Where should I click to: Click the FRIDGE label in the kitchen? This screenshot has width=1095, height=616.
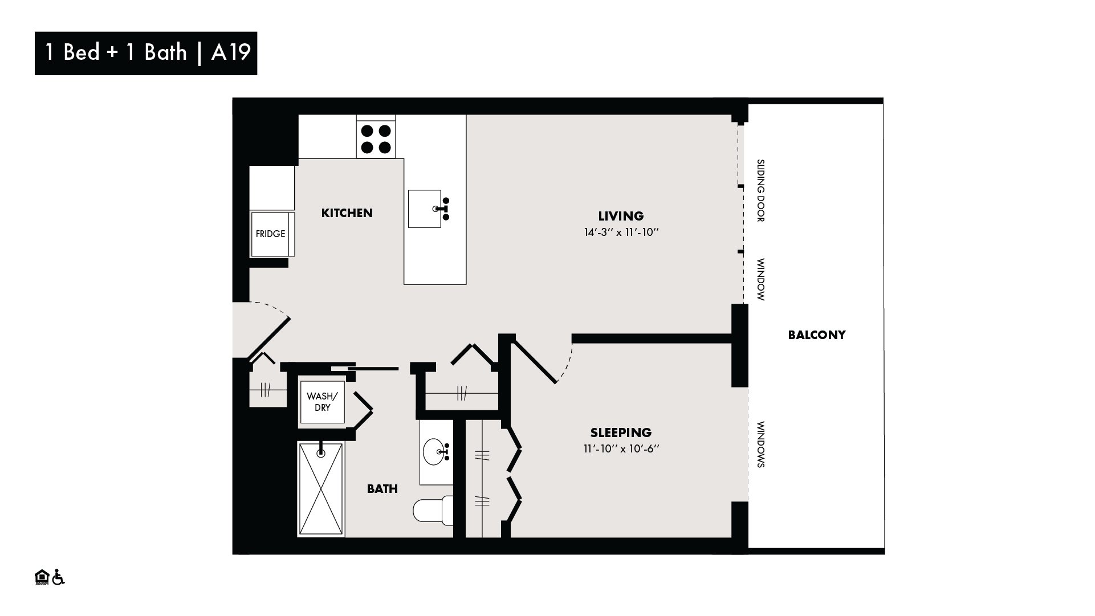click(x=270, y=234)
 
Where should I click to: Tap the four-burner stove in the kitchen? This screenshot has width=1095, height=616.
click(x=376, y=139)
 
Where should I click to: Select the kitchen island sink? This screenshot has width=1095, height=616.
click(x=425, y=209)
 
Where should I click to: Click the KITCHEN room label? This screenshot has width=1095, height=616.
click(x=347, y=213)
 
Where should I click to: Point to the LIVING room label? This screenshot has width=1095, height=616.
click(x=621, y=216)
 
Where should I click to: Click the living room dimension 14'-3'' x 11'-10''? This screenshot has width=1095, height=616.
click(x=621, y=232)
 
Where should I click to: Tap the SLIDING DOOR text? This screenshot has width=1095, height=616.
click(x=760, y=190)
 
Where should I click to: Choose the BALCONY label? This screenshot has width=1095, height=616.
click(x=816, y=335)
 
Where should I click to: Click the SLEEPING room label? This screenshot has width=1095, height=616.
click(x=621, y=433)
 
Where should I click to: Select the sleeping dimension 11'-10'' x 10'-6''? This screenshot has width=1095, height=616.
click(x=621, y=448)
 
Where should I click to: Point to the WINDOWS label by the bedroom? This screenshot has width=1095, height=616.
click(x=760, y=444)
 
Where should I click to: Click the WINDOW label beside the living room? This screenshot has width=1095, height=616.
click(x=760, y=280)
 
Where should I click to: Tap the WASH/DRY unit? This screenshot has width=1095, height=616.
click(x=322, y=402)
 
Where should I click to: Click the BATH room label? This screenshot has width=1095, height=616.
click(x=382, y=489)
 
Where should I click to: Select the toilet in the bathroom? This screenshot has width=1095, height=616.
click(x=433, y=511)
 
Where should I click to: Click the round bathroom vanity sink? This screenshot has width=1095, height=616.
click(x=437, y=452)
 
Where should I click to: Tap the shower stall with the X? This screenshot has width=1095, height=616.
click(x=321, y=489)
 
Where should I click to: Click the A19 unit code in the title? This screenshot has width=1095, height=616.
click(x=231, y=52)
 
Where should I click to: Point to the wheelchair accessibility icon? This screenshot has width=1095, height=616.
click(x=58, y=577)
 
